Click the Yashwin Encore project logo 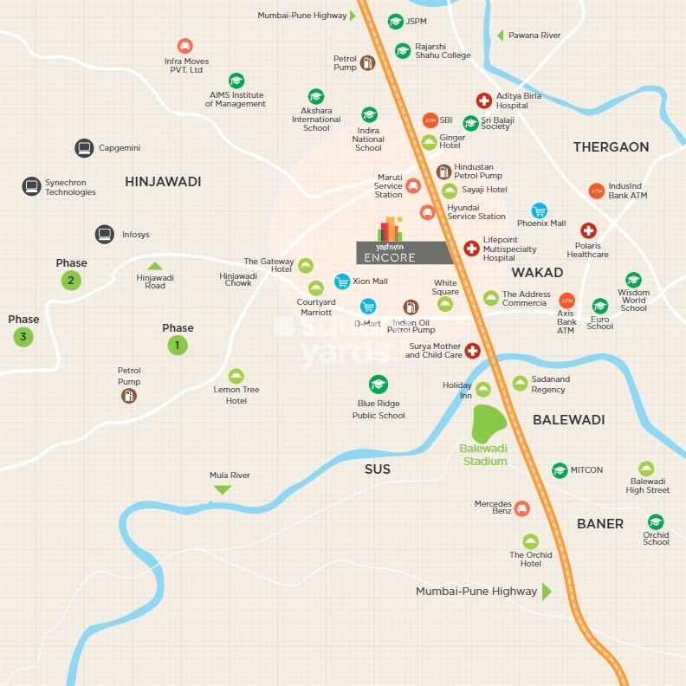(390, 240)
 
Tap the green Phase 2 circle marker (71, 280)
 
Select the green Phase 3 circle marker (23, 337)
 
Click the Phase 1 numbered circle (178, 345)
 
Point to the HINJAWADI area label (163, 182)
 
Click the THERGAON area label (611, 147)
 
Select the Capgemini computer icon (84, 148)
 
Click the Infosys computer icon (105, 234)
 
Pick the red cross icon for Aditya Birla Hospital (484, 101)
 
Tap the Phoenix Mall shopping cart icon (540, 210)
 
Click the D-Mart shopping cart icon (368, 307)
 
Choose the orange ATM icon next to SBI (430, 120)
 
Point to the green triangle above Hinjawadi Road (154, 266)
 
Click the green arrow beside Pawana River (500, 36)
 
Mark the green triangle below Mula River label (223, 489)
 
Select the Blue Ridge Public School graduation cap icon (379, 384)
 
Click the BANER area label (600, 524)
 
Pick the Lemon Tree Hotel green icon (236, 376)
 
